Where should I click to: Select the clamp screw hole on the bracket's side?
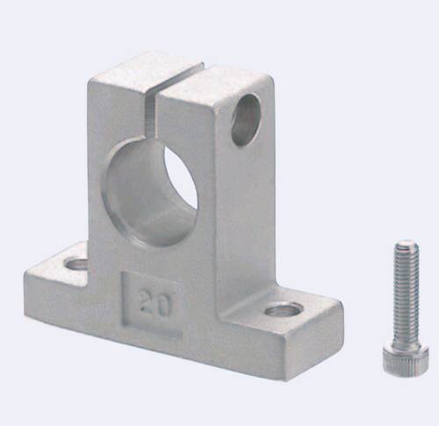click(246, 120)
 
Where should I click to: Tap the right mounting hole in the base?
click(284, 310)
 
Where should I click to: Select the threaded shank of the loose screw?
click(407, 292)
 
